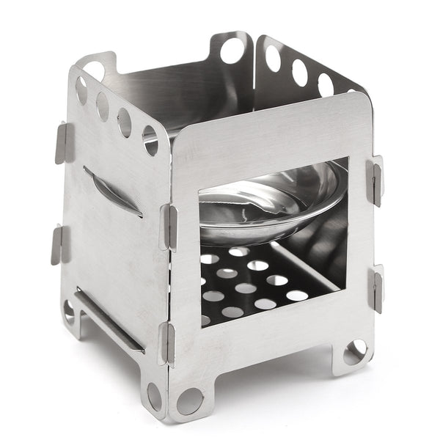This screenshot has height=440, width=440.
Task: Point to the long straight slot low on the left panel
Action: coord(110,320)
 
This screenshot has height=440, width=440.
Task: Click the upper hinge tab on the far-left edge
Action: coord(64,142)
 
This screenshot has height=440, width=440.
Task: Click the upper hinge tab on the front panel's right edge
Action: coord(375,180)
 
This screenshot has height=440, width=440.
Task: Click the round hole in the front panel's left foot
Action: coord(189,400)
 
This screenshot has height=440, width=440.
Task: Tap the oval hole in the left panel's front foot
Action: coord(154,396)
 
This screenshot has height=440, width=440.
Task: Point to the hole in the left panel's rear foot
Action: coord(69,311)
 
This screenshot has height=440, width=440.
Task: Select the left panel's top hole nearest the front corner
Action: coord(150,139)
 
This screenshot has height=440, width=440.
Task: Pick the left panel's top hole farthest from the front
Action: coord(81,89)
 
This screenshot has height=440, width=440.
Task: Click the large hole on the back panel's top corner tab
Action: coord(232,51)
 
